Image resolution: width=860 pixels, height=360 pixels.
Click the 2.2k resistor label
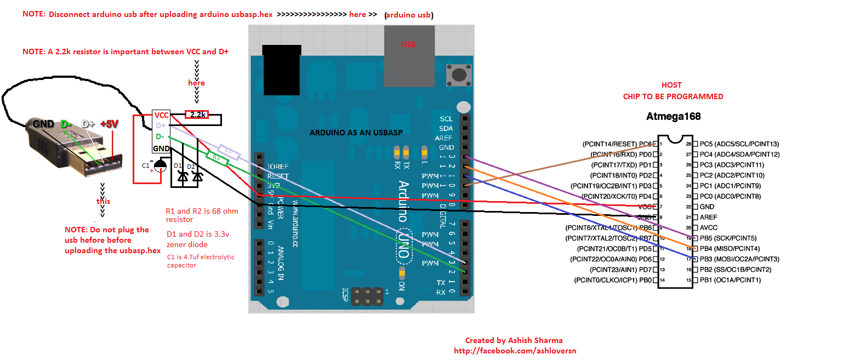pos(197,115)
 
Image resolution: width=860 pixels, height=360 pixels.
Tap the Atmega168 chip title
pos(673,116)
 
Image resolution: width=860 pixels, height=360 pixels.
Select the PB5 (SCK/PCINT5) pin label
pos(728,238)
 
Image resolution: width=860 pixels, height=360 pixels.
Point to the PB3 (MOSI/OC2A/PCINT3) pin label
pos(739,259)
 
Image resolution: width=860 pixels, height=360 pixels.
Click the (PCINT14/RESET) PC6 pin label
pos(617,144)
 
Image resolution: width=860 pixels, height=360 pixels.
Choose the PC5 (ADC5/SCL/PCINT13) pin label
pos(739,144)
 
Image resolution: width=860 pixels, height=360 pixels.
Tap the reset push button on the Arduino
pos(459,75)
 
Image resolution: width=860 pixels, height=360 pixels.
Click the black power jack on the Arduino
pos(282,70)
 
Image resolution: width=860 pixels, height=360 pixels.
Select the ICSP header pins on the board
pos(367,296)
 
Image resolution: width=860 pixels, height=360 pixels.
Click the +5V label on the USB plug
pos(109,124)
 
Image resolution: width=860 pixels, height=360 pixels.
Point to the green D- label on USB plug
pos(66,124)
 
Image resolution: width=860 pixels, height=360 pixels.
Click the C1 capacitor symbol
pos(160,166)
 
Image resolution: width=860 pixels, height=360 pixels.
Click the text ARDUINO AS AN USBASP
pos(356,133)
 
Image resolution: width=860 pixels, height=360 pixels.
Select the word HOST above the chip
pos(671,85)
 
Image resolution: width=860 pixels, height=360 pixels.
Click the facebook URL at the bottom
pos(515,351)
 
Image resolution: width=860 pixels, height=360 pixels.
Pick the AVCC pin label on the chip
pos(708,228)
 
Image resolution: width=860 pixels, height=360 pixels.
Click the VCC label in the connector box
pos(161,115)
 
